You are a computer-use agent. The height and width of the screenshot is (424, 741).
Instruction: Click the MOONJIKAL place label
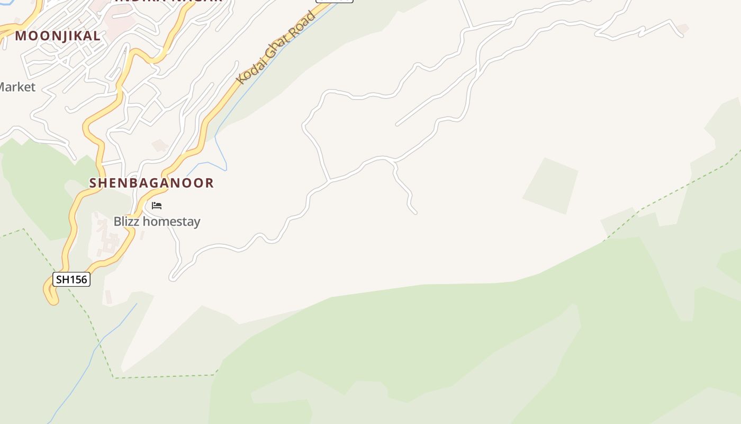58,36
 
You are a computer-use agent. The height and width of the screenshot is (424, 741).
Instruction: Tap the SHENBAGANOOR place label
151,183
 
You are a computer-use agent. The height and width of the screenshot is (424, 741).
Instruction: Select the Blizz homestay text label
157,222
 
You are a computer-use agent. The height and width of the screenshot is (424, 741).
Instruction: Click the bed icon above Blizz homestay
157,206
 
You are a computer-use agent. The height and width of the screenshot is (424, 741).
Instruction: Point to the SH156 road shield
71,279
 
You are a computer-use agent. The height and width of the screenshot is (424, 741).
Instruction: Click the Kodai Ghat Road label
276,48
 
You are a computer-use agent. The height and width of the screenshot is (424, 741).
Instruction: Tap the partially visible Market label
17,87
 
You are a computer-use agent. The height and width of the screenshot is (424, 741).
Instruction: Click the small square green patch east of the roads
550,186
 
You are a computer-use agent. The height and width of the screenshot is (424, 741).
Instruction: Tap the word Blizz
126,222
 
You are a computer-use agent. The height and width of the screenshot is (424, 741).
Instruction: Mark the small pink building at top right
683,29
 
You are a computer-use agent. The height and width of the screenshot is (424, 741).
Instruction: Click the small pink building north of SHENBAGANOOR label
159,145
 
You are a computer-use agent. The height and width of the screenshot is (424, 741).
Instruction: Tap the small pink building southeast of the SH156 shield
109,297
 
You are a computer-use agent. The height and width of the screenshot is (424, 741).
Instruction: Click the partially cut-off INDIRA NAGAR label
168,2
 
